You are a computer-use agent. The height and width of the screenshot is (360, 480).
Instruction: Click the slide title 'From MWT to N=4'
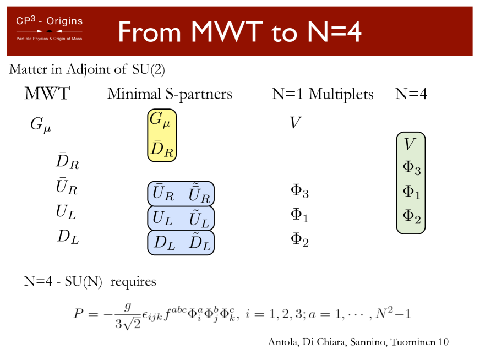[239, 32]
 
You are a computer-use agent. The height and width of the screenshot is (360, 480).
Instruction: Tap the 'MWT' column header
[47, 94]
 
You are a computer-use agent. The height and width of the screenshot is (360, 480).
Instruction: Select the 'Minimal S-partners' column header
[170, 95]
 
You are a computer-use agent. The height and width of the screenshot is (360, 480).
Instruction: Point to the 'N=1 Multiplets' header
[323, 95]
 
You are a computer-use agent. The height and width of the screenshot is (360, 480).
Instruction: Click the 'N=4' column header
[411, 95]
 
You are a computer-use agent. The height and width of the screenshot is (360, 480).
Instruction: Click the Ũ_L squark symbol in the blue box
[198, 219]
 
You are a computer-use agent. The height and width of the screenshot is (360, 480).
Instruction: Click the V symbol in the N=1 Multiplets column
[296, 123]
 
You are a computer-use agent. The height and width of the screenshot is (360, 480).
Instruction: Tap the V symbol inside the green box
[410, 144]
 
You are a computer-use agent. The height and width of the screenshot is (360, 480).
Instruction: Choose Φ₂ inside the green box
[411, 216]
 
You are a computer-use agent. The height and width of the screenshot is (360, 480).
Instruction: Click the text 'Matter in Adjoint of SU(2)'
[87, 70]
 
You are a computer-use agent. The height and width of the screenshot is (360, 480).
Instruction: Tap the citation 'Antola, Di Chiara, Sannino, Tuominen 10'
[358, 342]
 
